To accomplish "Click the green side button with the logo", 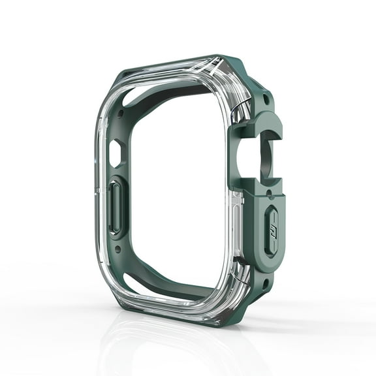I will [x=272, y=228].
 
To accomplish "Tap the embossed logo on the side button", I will [x=273, y=228].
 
